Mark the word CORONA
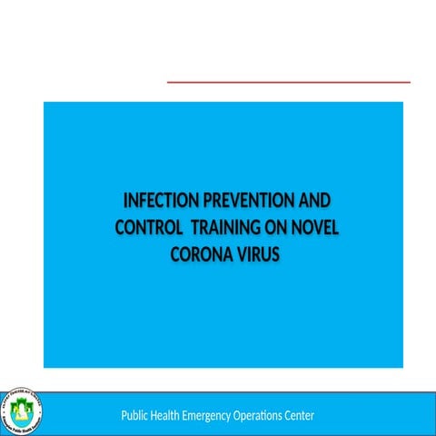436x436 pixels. [199, 255]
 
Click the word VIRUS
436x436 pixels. [256, 255]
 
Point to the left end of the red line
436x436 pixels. [168, 82]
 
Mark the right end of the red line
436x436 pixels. [410, 82]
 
